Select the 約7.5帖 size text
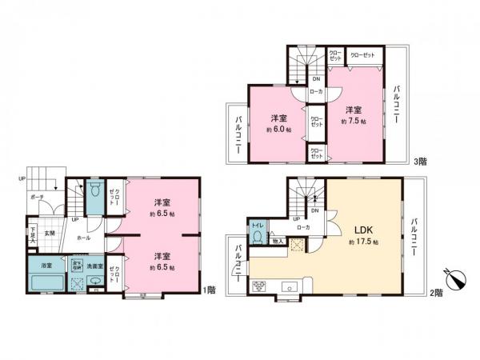coord(353,122)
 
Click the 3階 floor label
coord(421,162)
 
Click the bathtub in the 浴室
coord(46,283)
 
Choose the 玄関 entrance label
coord(49,233)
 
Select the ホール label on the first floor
coord(82,238)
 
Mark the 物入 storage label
coord(278,239)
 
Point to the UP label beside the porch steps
coord(22,179)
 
